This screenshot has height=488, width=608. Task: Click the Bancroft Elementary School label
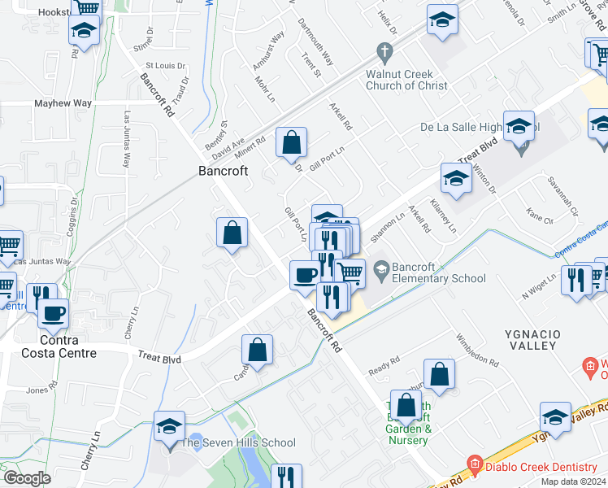coord(439,272)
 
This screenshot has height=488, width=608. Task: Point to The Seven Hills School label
coord(237,442)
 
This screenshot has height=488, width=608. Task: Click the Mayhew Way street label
coord(63,104)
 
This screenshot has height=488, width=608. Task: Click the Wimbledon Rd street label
coord(476,349)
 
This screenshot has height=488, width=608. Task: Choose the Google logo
coord(27,478)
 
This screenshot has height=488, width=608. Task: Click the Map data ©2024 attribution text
coord(573,481)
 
